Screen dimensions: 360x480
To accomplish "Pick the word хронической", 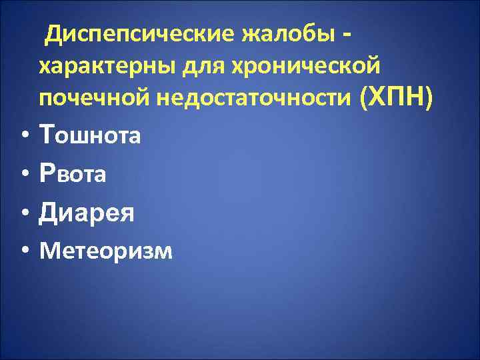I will (x=306, y=67).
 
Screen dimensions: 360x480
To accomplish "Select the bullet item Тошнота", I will (x=90, y=136).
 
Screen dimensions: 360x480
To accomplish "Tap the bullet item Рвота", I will (x=73, y=175).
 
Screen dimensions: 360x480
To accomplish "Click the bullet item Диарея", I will (x=87, y=213).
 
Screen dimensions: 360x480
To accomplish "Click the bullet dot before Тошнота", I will (x=23, y=137).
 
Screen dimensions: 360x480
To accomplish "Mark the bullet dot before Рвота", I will (x=23, y=175).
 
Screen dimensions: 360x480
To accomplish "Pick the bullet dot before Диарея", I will (x=23, y=213).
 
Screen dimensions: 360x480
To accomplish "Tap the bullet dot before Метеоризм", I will (x=23, y=251).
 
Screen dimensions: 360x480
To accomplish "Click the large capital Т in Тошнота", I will (x=48, y=135).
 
